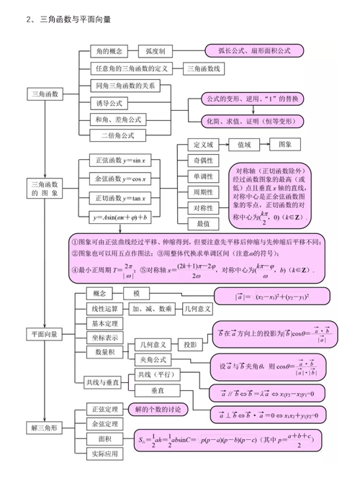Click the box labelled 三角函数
[x=46, y=94]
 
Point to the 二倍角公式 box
[x=118, y=135]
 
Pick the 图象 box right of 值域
[x=285, y=144]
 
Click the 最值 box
[x=203, y=224]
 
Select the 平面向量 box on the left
[x=45, y=334]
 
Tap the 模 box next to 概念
[x=137, y=294]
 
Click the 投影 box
[x=190, y=344]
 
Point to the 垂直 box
[x=158, y=389]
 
